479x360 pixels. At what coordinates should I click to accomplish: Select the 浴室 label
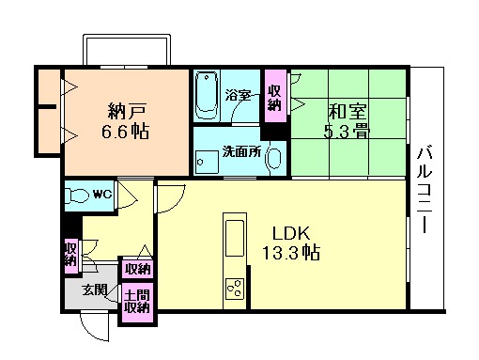pos(239,95)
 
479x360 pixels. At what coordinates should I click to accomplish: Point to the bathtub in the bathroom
pos(208,96)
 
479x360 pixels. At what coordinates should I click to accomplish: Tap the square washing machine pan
pos(206,160)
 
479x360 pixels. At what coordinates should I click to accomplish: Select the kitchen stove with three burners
pos(232,288)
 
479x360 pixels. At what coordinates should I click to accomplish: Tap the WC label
pos(102,195)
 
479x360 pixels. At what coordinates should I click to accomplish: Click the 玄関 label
pos(93,290)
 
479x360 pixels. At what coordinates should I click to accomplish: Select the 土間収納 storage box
pos(136,300)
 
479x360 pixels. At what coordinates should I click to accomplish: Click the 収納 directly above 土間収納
pos(137,269)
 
